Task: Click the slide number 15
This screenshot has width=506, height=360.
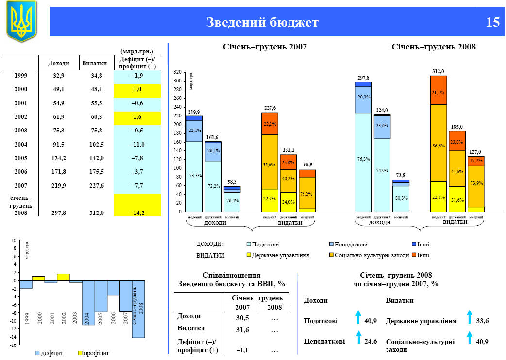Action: coord(492,22)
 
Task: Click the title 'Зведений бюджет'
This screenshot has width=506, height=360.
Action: coord(263,22)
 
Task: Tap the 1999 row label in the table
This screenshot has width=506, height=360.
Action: coord(21,76)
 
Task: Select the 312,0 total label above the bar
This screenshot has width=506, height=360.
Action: coord(438,71)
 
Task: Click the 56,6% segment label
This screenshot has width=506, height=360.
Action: coord(439,146)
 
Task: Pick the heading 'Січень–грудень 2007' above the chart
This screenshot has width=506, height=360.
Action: coord(265,47)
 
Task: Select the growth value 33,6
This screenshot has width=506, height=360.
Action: coord(482,321)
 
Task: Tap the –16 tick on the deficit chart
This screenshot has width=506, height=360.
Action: coord(15,345)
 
